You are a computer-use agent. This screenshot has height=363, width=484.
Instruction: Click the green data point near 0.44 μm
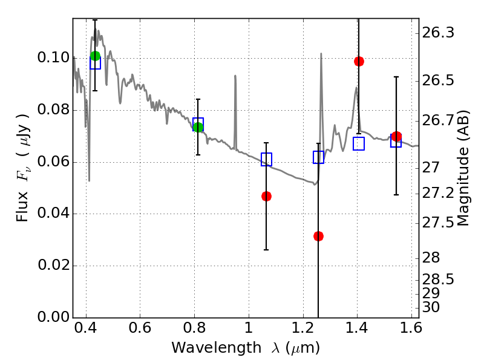tap(96, 56)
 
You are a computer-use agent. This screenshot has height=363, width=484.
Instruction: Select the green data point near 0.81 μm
tap(198, 127)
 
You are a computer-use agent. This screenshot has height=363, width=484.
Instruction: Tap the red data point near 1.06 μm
tap(266, 196)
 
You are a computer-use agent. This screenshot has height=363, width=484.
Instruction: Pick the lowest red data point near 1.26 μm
tap(318, 236)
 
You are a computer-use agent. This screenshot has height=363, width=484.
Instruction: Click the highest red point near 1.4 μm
tap(359, 61)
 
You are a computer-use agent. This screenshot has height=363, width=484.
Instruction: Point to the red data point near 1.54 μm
tap(396, 136)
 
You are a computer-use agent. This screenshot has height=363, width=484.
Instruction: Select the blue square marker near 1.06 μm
tap(266, 159)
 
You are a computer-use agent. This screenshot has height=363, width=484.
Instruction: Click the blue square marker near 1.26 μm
tap(318, 157)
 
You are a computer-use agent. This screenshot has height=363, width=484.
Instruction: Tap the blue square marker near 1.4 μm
tap(359, 143)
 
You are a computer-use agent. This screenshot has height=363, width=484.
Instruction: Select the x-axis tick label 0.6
tap(140, 328)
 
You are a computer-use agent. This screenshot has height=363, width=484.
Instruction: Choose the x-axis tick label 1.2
tap(303, 328)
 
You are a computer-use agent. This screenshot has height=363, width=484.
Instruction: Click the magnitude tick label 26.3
tap(438, 33)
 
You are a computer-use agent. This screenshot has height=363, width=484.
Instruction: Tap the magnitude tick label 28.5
tap(438, 280)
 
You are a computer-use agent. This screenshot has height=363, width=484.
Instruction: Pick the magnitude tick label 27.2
tap(438, 194)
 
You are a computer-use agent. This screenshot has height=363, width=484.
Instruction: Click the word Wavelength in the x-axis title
tap(217, 348)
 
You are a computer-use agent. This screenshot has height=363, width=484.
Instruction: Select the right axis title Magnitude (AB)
tap(462, 168)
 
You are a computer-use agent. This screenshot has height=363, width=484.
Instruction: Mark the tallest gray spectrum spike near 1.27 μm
tap(321, 53)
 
